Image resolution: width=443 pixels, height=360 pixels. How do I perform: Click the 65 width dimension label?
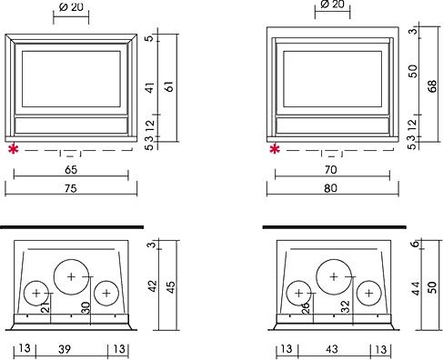[x=71, y=170]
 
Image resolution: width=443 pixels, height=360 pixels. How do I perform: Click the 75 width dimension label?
[x=70, y=188]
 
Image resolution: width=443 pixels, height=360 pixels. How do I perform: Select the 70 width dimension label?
[x=330, y=169]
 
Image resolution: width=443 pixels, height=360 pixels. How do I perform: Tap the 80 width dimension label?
[x=330, y=188]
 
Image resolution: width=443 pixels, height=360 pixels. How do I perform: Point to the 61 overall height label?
[x=170, y=86]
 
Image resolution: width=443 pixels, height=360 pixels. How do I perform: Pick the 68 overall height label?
[x=432, y=86]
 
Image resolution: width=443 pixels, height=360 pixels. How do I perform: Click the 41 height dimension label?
[x=150, y=87]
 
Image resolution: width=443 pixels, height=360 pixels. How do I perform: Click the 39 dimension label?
[x=65, y=349]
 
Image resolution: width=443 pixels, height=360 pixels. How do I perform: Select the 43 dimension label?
[x=332, y=349]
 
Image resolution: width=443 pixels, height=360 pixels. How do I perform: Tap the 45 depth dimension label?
[x=171, y=287]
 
